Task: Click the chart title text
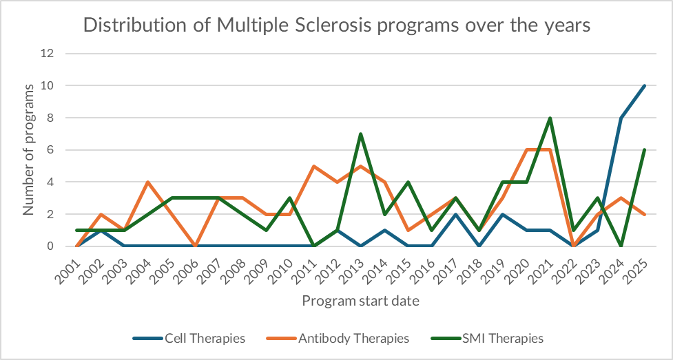(x=336, y=25)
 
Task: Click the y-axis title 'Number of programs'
(x=29, y=149)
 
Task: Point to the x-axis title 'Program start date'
(x=360, y=301)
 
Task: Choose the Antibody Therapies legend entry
(x=354, y=338)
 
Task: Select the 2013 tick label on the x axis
(x=355, y=266)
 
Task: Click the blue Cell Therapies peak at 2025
(x=645, y=86)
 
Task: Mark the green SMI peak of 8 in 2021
(x=550, y=118)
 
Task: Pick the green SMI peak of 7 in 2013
(x=360, y=134)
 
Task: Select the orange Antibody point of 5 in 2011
(x=313, y=166)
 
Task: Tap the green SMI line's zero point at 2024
(x=621, y=246)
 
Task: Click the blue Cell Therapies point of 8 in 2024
(x=621, y=118)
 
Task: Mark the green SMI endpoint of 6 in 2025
(x=645, y=150)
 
